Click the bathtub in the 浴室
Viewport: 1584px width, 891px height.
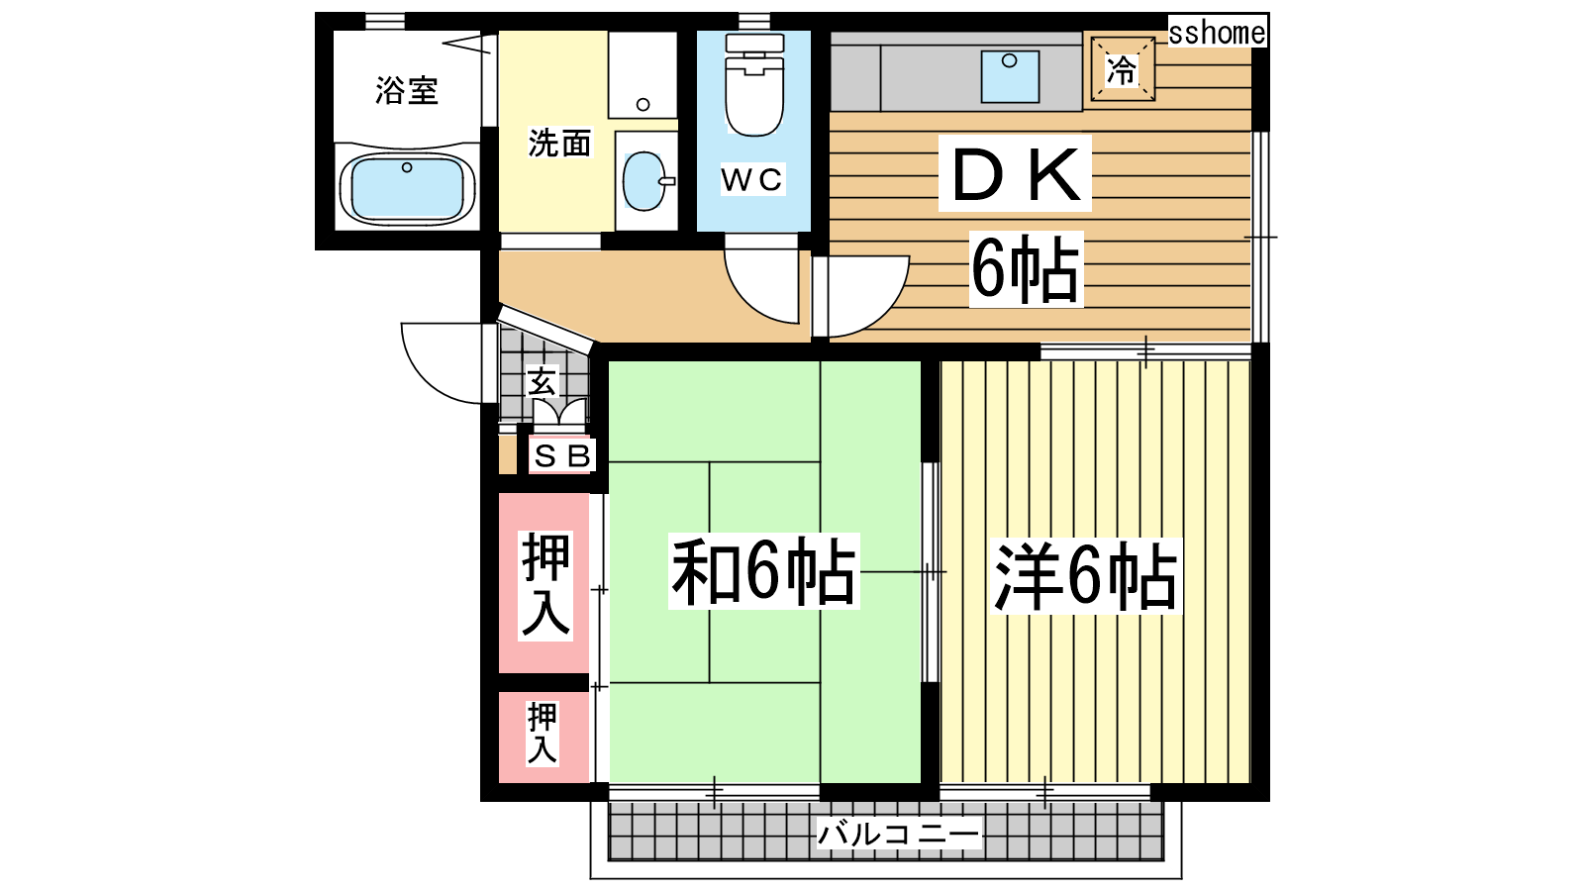coord(407,188)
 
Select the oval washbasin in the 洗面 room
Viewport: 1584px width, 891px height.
coord(644,181)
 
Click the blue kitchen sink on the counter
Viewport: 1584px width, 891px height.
coord(1010,76)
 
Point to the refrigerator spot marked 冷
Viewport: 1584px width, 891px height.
coord(1123,69)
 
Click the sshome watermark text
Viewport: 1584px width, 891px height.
coord(1217,32)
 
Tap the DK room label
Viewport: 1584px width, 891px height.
coord(1016,174)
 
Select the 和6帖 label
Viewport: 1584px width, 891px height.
coord(763,571)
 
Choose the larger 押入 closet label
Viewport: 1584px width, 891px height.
coord(545,586)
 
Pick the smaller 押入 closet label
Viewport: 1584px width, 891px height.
coord(543,734)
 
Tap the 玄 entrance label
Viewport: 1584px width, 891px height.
coord(543,381)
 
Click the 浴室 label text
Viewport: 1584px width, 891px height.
coord(407,90)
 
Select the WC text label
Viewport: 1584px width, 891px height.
coord(751,179)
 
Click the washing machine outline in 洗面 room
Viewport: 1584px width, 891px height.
coord(643,75)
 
